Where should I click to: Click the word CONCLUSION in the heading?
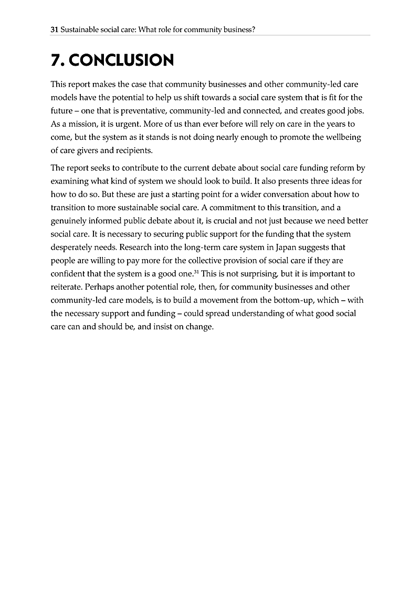pyautogui.click(x=122, y=60)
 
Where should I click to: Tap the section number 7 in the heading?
pyautogui.click(x=56, y=60)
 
